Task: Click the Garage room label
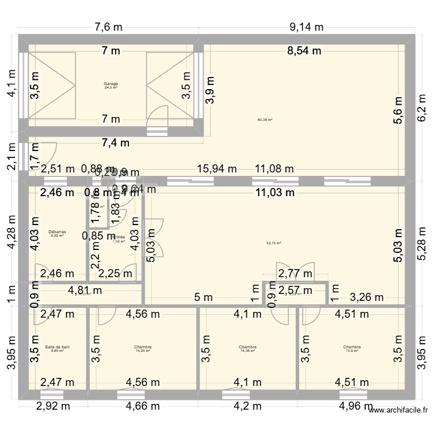coord(111,83)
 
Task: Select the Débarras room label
coord(57,231)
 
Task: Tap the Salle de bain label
coord(57,347)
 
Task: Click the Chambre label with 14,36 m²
coord(247,347)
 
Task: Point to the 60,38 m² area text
coord(264,120)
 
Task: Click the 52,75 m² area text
coord(273,243)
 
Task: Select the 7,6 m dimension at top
coord(109,27)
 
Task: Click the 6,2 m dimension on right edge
coord(425,106)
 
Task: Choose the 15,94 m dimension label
coord(218,169)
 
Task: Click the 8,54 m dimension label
coord(304,50)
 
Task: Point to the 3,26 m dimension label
coord(367,297)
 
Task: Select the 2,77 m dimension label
coord(295,274)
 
